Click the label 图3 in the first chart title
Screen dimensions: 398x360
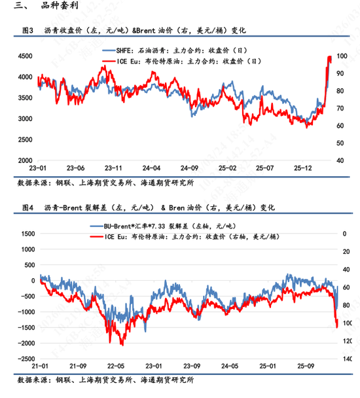[x=27, y=31]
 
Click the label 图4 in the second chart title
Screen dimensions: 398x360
[x=27, y=207]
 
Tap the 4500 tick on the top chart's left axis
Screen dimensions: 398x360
[x=26, y=57]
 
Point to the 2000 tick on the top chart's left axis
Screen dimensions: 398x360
[x=26, y=160]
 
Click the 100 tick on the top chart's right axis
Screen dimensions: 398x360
[x=342, y=57]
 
